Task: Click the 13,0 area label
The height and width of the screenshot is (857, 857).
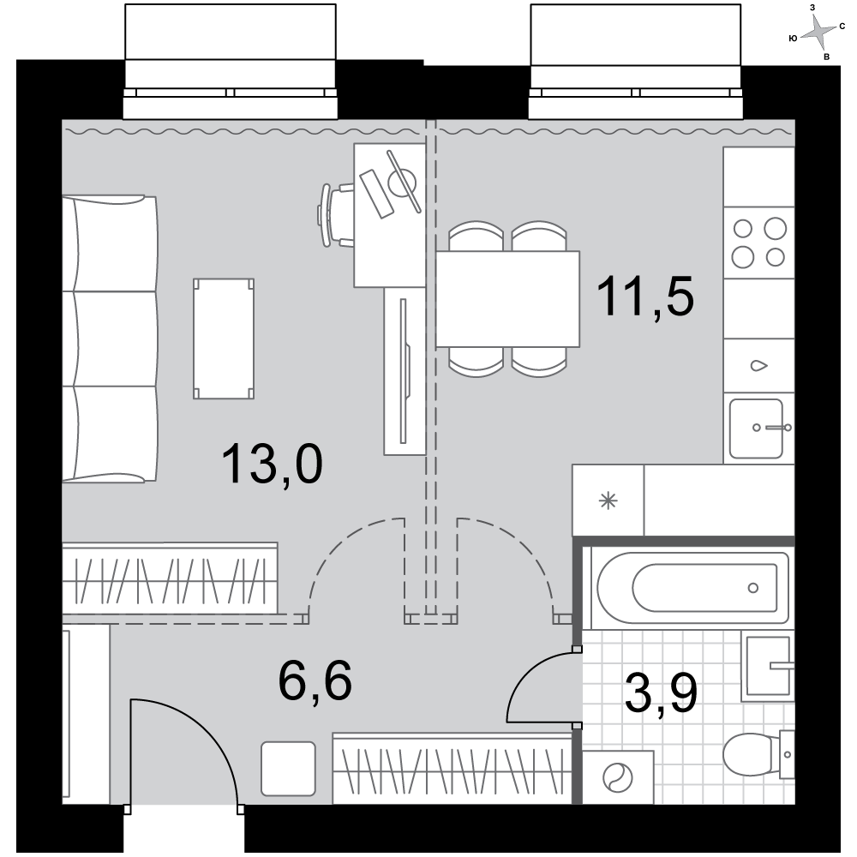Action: [x=273, y=464]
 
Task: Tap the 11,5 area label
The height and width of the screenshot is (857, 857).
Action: [x=645, y=296]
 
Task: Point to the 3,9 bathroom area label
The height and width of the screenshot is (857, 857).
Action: [x=661, y=693]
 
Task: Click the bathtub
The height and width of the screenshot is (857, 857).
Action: [x=692, y=588]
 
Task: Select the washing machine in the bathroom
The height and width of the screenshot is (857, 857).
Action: [x=618, y=776]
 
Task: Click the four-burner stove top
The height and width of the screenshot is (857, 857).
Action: [x=758, y=243]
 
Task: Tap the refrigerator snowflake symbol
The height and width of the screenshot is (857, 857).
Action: [x=608, y=500]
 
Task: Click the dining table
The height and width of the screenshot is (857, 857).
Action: [x=507, y=298]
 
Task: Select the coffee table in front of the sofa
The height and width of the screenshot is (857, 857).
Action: [x=224, y=339]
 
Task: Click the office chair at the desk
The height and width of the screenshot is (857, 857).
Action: [x=336, y=215]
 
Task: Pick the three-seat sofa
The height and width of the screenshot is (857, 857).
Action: [x=110, y=339]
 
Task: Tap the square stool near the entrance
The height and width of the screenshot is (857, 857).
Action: [x=289, y=769]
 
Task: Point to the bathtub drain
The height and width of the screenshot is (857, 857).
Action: [x=753, y=588]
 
